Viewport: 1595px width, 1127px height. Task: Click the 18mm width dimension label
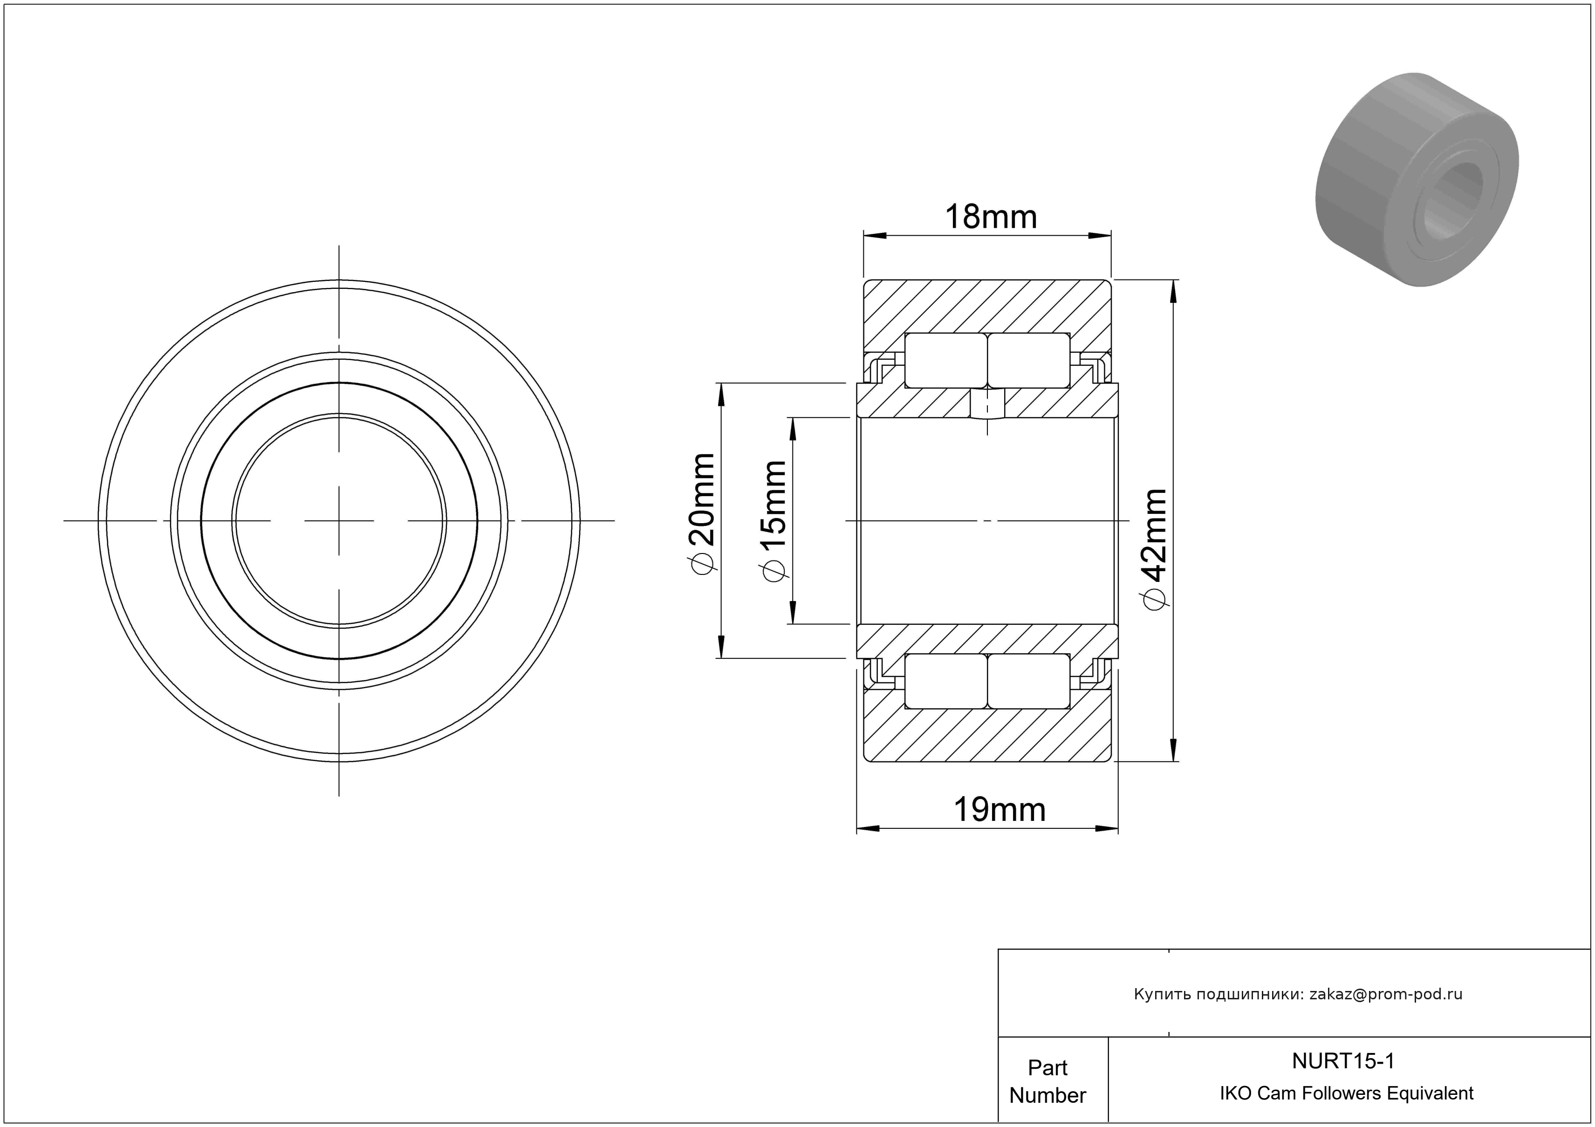point(991,218)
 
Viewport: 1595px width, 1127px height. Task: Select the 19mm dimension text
point(999,810)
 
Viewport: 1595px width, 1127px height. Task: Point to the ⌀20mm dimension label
point(701,514)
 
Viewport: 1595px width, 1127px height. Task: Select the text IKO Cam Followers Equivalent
point(1346,1093)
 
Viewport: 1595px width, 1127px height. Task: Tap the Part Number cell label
point(1047,1081)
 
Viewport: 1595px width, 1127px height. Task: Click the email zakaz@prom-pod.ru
point(1386,994)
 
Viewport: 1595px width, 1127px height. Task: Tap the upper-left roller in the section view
point(946,361)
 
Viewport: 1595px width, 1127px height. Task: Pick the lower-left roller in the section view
point(946,681)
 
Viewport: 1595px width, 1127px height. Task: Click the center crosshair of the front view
point(339,521)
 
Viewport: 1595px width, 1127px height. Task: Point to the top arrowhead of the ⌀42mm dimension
point(1174,292)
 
